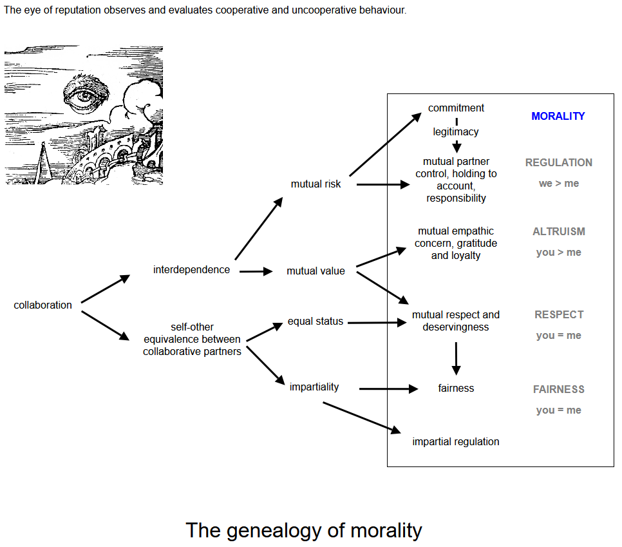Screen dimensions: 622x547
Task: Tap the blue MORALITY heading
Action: pos(558,117)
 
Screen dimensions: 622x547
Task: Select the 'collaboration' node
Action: pos(43,305)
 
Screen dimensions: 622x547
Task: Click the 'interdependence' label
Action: pos(192,269)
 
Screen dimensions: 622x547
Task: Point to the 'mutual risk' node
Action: pos(316,184)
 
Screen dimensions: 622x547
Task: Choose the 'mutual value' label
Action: pos(316,271)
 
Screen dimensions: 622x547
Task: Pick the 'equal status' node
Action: pos(316,321)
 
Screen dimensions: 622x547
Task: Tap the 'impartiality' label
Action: pos(314,387)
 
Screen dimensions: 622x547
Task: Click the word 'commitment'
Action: pos(456,108)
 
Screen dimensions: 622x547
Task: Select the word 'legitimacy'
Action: pos(456,132)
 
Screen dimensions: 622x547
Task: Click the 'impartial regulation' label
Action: pos(456,442)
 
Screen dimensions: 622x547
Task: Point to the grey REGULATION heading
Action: pos(558,163)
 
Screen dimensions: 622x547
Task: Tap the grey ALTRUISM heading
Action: pos(558,231)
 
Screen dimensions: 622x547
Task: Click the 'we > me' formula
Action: pos(558,184)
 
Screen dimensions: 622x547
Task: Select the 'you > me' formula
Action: pos(558,253)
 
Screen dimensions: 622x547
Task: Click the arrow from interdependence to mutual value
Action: pos(256,271)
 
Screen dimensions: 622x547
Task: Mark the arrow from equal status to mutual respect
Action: pos(377,323)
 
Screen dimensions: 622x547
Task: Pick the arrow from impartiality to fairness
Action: pos(389,389)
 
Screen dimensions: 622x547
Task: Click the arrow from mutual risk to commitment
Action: pos(385,144)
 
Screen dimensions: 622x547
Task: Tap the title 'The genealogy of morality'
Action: pos(304,531)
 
